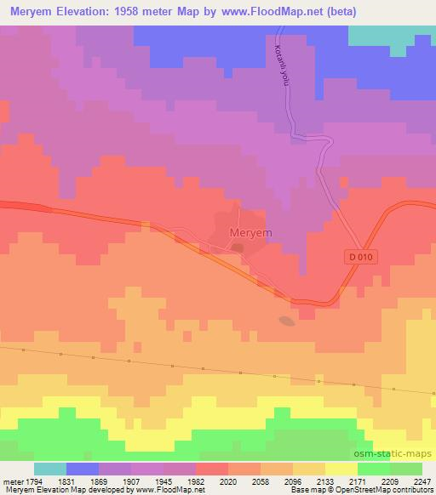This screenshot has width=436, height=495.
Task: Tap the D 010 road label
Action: pyautogui.click(x=361, y=256)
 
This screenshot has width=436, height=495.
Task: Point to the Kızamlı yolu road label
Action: pyautogui.click(x=282, y=63)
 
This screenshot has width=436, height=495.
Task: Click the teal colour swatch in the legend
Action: pyautogui.click(x=50, y=469)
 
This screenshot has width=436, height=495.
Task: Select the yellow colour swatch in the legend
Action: pyautogui.click(x=341, y=469)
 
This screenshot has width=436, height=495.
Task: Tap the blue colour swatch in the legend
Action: pyautogui.click(x=83, y=469)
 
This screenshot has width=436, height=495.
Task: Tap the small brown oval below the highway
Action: pyautogui.click(x=287, y=321)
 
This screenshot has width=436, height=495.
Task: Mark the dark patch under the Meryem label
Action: pyautogui.click(x=238, y=248)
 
